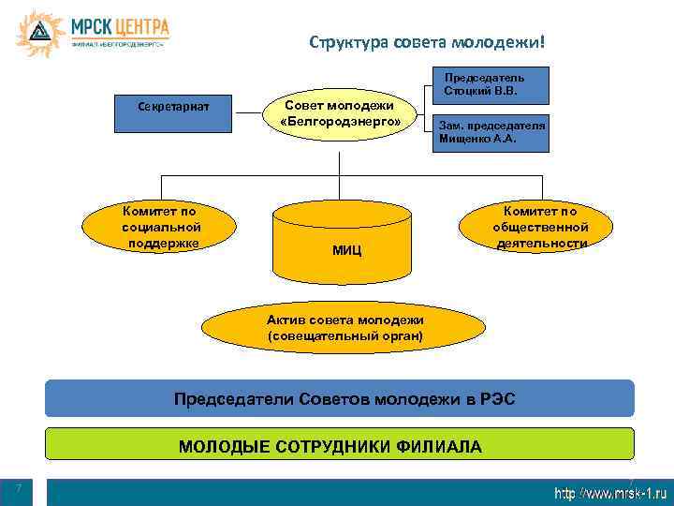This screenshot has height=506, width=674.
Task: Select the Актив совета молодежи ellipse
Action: coord(345,327)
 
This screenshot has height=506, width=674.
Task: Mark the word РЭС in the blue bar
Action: coord(494,400)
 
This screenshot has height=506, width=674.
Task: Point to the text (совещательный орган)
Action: coord(345,335)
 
